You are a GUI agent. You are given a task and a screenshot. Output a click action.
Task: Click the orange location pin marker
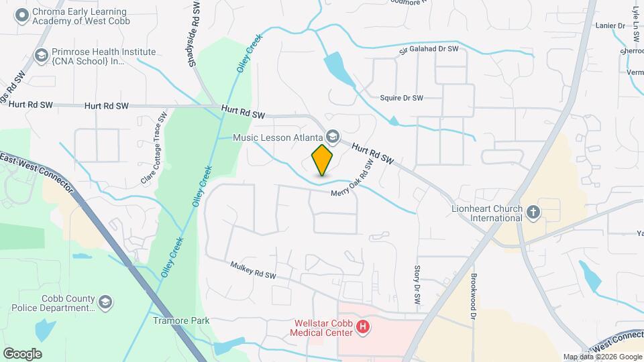(322, 160)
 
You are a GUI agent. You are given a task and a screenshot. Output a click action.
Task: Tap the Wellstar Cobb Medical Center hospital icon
(363, 327)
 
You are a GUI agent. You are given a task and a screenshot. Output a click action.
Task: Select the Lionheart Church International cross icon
(533, 213)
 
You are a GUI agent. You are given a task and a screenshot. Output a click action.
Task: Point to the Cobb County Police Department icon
(105, 303)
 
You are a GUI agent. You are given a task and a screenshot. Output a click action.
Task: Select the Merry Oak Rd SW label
(352, 182)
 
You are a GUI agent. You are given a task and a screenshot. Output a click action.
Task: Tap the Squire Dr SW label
(401, 98)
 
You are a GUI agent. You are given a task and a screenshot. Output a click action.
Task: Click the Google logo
(22, 353)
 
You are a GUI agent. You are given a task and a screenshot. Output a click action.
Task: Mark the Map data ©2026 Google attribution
(602, 357)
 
